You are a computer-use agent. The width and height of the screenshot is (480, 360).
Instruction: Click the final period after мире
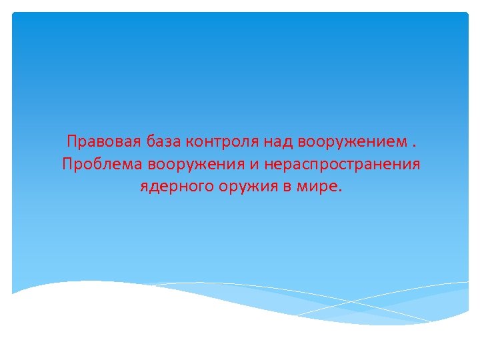coord(339,189)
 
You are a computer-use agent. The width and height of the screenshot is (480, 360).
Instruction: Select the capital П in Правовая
coord(71,142)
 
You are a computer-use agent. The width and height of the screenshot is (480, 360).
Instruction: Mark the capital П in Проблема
coord(67,164)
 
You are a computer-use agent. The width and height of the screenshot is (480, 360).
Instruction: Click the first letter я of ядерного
coord(143,187)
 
